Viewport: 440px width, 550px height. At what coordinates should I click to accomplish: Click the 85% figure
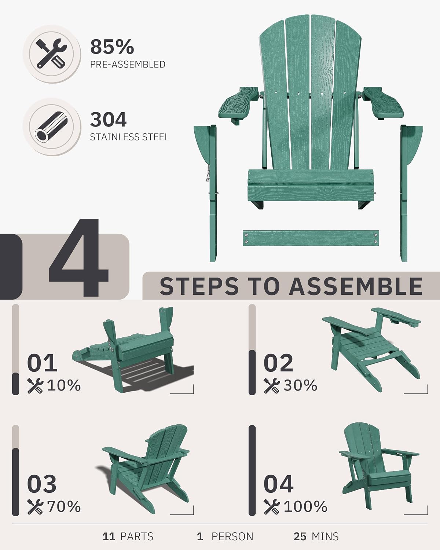click(x=112, y=47)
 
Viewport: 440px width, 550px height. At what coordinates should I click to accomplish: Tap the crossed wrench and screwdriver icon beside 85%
click(x=51, y=54)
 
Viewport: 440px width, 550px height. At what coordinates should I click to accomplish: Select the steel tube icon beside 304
click(x=51, y=126)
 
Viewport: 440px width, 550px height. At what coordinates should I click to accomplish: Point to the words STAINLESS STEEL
click(x=129, y=137)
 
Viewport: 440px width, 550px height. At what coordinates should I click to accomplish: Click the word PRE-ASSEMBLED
click(x=128, y=65)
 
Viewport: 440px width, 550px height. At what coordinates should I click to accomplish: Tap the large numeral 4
click(x=78, y=258)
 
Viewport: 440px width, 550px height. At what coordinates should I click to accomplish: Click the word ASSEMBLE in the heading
click(x=356, y=286)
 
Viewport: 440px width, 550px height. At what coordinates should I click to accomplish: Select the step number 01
click(x=42, y=363)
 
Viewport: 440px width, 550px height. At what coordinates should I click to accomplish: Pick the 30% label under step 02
click(x=300, y=385)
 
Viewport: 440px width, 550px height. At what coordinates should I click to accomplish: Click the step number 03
click(x=42, y=484)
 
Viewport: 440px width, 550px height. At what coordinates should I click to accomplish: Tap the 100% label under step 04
click(x=305, y=507)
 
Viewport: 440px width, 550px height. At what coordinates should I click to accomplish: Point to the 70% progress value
click(x=64, y=507)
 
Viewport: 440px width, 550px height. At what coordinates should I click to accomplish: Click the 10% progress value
click(x=64, y=385)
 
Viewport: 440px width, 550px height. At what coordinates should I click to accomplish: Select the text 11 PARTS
click(x=128, y=536)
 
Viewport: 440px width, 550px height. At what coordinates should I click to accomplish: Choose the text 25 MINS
click(x=316, y=536)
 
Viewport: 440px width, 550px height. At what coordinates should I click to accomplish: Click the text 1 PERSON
click(x=225, y=536)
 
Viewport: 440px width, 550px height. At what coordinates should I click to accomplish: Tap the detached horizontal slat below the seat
click(x=311, y=238)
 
